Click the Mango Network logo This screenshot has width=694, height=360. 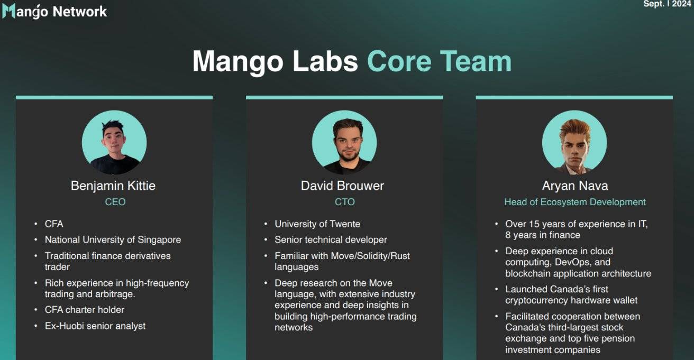click(54, 12)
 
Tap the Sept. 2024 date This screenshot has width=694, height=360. click(668, 4)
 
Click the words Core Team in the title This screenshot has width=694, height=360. click(439, 61)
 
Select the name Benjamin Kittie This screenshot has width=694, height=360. click(113, 186)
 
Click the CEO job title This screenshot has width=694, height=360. click(115, 202)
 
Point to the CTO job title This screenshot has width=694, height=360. click(344, 202)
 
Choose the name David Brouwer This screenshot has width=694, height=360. click(342, 186)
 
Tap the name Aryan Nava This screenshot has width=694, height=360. click(575, 186)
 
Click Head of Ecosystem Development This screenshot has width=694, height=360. click(575, 202)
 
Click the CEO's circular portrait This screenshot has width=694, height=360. click(114, 142)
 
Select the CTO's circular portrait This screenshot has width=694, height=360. click(344, 142)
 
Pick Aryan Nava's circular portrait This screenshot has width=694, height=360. click(574, 142)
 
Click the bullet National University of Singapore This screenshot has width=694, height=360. click(113, 240)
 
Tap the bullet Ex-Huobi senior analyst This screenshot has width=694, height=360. click(95, 326)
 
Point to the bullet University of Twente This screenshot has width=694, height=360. click(317, 224)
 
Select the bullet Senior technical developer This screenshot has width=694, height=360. click(331, 240)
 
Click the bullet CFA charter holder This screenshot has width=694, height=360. click(85, 310)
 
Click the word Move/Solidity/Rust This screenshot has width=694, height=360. click(370, 256)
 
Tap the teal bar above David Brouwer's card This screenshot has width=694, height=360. click(344, 97)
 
